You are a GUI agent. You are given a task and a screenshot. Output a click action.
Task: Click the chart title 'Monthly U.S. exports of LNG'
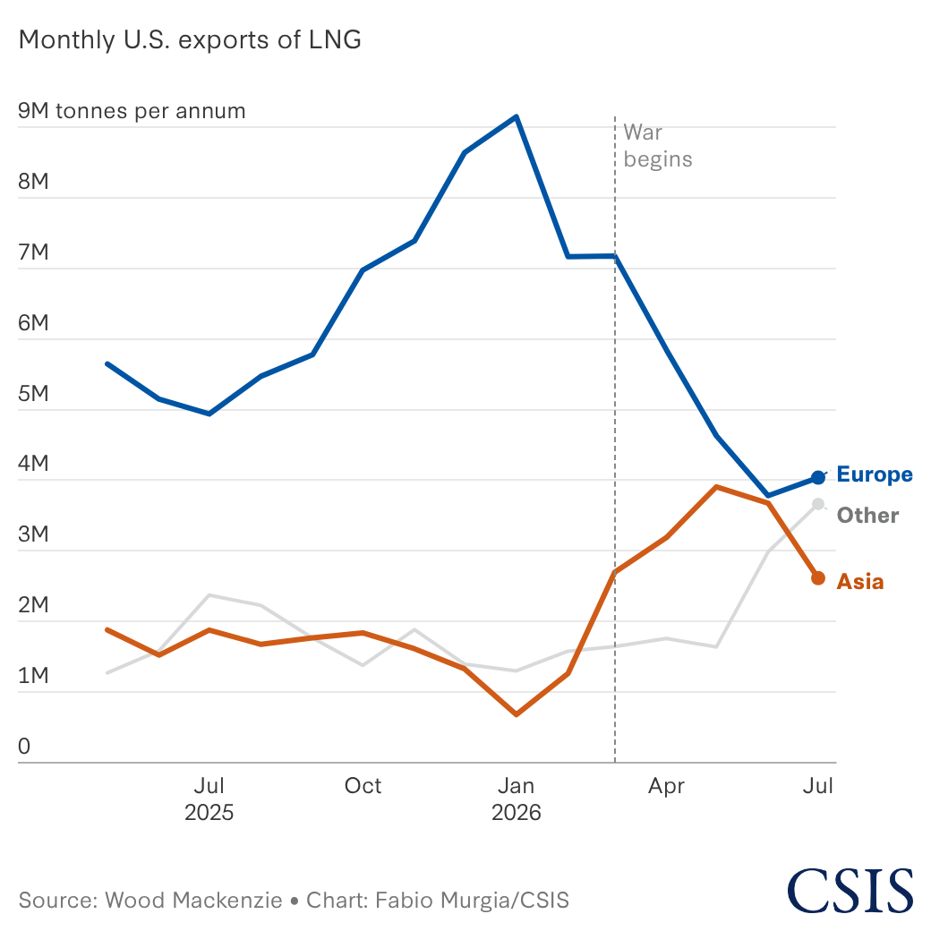pos(190,40)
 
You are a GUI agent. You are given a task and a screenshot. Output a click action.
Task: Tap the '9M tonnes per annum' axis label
pos(132,111)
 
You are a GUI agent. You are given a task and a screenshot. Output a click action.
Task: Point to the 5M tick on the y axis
pos(33,394)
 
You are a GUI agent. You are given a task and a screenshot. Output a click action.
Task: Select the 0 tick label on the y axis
pos(24,747)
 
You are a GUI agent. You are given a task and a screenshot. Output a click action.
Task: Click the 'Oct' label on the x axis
pos(363,786)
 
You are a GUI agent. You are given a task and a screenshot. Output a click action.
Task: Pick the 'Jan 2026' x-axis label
pos(516,799)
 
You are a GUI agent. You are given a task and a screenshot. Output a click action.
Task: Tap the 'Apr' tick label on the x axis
pos(666,787)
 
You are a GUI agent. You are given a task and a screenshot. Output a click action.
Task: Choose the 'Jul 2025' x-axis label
pos(209,799)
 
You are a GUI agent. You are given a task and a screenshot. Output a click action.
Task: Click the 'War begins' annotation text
pos(658,146)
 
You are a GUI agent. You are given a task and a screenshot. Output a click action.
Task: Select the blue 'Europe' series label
pos(875,474)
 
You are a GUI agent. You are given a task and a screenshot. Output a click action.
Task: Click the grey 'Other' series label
pos(867,516)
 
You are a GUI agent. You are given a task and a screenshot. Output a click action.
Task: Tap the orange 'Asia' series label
pos(859,582)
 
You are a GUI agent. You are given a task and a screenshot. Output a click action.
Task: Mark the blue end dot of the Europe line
pos(818,477)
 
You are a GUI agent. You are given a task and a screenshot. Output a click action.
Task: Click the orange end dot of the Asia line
pos(818,578)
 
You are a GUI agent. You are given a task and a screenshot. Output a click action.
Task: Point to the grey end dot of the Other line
pos(818,504)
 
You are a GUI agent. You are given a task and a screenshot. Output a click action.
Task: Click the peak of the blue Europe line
pos(517,116)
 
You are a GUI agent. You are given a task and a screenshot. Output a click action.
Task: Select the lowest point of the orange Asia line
pos(516,714)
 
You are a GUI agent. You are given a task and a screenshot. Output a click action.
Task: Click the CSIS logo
pos(850,890)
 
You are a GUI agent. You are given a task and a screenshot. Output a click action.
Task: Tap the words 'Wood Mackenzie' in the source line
pos(193,901)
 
